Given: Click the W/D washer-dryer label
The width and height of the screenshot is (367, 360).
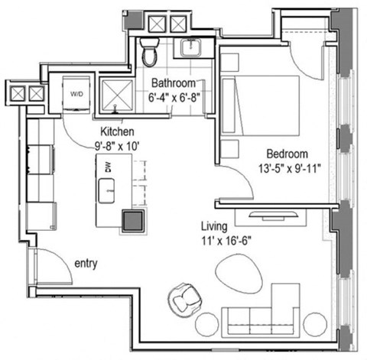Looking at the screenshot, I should [77, 95].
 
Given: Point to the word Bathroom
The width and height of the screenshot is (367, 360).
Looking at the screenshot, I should [177, 83].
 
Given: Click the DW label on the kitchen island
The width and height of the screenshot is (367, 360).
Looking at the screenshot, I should [108, 166].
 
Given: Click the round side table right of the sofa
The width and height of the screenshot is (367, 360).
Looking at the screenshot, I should [313, 323].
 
